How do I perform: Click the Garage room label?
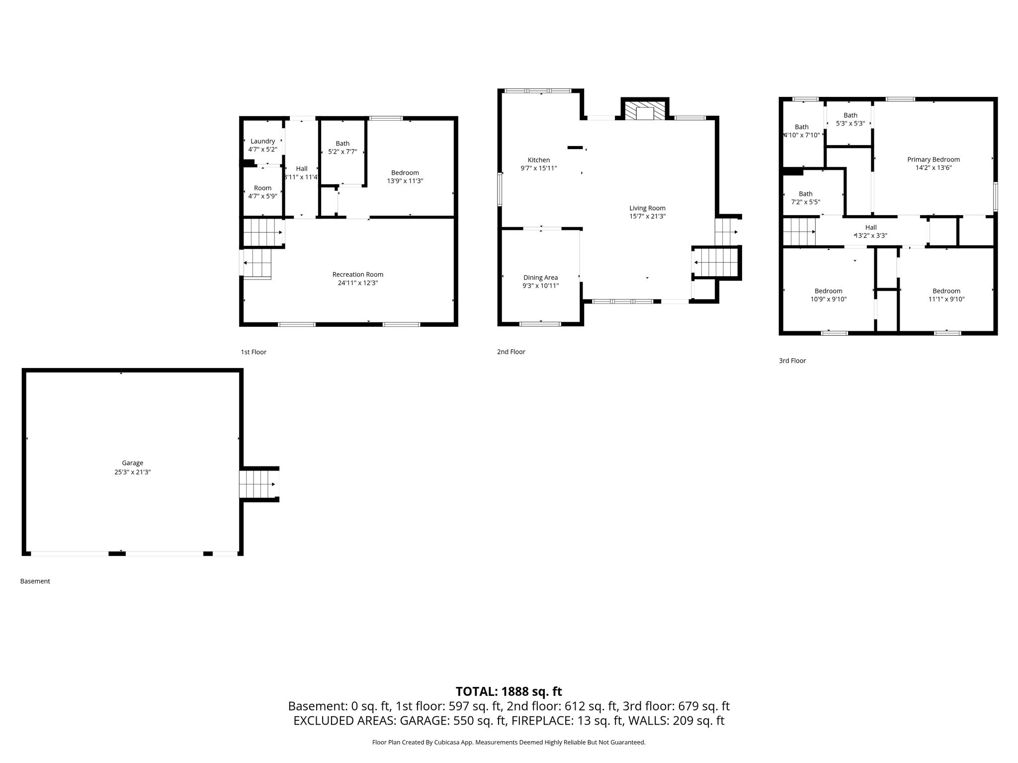[x=133, y=463]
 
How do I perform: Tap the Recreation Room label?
[x=358, y=274]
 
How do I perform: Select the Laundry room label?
[x=262, y=141]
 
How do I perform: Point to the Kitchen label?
[x=539, y=160]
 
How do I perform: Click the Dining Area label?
[x=540, y=278]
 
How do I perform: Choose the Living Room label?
[x=647, y=208]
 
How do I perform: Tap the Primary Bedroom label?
[x=933, y=159]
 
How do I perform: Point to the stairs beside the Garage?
[x=259, y=484]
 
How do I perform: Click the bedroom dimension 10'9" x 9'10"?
[x=828, y=299]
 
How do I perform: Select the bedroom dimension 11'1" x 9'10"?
[x=946, y=299]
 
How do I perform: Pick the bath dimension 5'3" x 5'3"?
[x=850, y=123]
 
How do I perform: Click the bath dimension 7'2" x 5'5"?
[x=806, y=202]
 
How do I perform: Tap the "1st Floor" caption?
[x=254, y=352]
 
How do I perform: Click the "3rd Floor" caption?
[x=792, y=361]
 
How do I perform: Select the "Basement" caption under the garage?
[x=35, y=581]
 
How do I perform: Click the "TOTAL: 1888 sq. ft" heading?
[x=509, y=691]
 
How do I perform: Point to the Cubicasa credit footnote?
[x=509, y=742]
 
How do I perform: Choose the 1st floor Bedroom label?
[x=405, y=173]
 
